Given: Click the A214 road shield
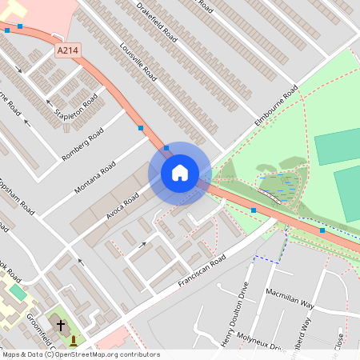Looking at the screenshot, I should (x=68, y=50).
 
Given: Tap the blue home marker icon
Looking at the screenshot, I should (x=180, y=173).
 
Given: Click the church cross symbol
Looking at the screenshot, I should (x=61, y=326).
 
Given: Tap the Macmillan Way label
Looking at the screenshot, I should (x=291, y=299).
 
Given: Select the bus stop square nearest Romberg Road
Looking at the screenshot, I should (x=141, y=128).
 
